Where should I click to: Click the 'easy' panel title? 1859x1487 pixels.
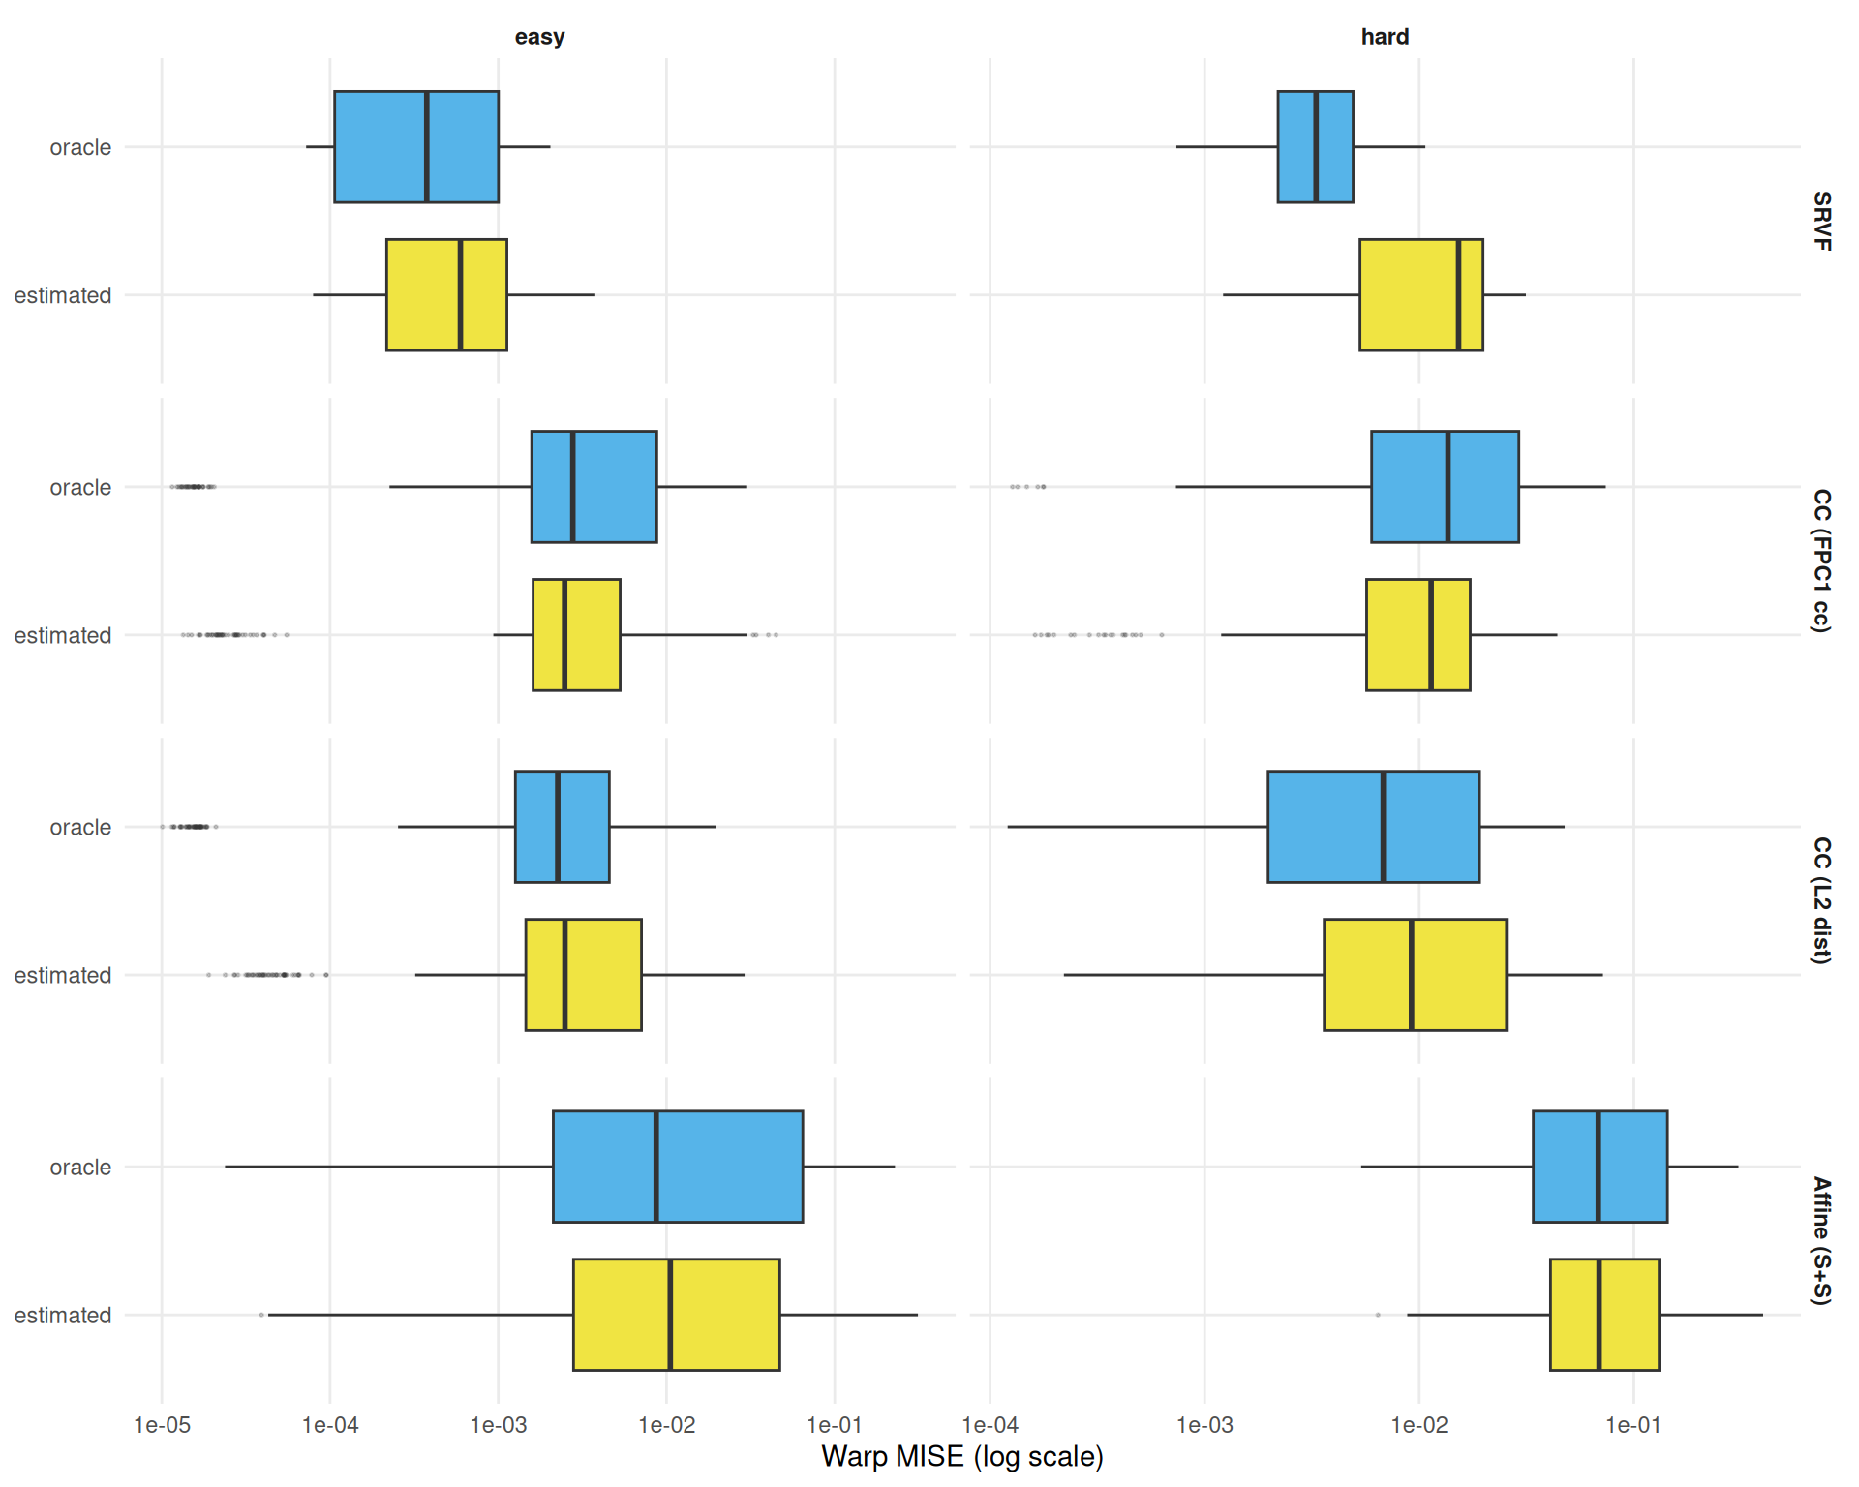point(539,37)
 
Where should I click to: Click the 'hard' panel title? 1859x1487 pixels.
point(1385,37)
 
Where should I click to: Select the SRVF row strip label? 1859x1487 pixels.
point(1821,221)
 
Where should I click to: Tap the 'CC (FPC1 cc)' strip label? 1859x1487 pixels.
point(1821,561)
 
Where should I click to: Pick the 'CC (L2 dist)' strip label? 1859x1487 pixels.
point(1821,900)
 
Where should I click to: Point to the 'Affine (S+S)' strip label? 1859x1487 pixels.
point(1821,1240)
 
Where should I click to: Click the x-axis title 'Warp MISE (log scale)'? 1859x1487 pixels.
point(961,1457)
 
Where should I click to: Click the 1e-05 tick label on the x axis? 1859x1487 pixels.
point(162,1425)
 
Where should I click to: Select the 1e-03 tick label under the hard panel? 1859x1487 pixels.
point(1204,1425)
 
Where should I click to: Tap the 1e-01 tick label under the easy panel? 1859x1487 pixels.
point(835,1425)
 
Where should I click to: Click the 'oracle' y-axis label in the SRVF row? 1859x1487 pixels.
point(80,147)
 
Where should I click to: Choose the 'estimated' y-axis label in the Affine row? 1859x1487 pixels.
point(63,1316)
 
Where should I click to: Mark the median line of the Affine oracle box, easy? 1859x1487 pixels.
point(655,1167)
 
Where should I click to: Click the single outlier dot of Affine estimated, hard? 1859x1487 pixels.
point(1378,1315)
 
